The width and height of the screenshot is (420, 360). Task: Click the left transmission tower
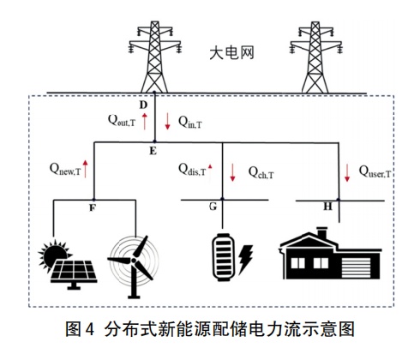(x=154, y=57)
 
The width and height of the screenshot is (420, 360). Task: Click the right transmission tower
(x=315, y=57)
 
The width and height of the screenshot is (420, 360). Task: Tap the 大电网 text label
(x=231, y=53)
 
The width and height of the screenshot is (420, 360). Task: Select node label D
(x=143, y=105)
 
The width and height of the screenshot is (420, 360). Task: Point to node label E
(x=153, y=151)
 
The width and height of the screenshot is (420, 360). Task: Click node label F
(x=93, y=207)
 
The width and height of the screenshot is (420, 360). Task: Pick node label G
(x=213, y=206)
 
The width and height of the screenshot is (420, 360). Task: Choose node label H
(x=327, y=207)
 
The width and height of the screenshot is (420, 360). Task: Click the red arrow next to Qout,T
(x=145, y=121)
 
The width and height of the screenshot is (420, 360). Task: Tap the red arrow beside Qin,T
(x=167, y=121)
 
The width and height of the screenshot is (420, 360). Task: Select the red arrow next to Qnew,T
(x=85, y=169)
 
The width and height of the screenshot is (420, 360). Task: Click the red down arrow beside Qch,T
(x=232, y=172)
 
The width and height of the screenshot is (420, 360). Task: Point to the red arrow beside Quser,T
(x=347, y=173)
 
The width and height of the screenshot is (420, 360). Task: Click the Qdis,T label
(x=192, y=170)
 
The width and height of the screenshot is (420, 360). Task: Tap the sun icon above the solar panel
(x=53, y=255)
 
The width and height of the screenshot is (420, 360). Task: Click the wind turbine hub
(x=133, y=261)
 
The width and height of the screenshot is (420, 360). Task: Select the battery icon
(x=223, y=257)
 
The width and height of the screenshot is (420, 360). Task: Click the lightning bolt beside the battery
(x=246, y=259)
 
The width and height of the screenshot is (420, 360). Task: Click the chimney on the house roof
(x=322, y=233)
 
